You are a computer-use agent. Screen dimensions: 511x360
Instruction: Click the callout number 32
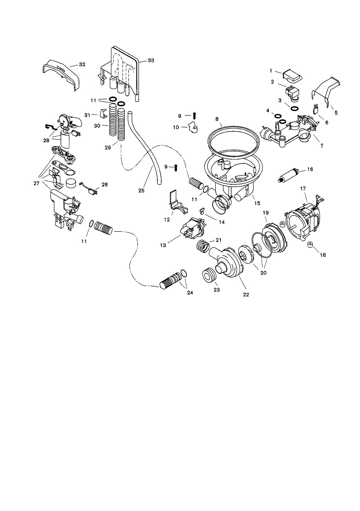click(x=82, y=64)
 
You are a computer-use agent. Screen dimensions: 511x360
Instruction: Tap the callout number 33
click(x=151, y=61)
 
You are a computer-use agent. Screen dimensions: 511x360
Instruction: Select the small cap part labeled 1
click(x=292, y=76)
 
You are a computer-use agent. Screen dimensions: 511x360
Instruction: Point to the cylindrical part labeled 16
click(x=289, y=175)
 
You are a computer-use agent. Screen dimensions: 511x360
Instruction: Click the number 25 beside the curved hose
click(x=141, y=190)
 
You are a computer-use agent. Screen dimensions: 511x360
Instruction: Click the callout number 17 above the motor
click(x=303, y=188)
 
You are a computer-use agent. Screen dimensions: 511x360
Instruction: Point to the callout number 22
click(x=246, y=294)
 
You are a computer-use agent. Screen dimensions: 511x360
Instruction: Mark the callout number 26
click(x=105, y=185)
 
